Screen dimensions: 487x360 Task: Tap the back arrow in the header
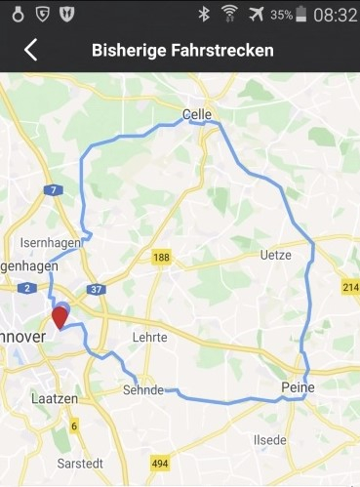(x=30, y=50)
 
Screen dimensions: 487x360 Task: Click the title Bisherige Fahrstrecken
(x=182, y=50)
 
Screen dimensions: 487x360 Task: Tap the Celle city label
(x=197, y=115)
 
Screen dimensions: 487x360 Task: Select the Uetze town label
(x=276, y=255)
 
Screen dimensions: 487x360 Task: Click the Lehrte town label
(x=149, y=337)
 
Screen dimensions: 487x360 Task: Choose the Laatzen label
(x=49, y=398)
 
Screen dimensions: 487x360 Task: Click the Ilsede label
(x=269, y=440)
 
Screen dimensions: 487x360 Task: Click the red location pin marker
(x=60, y=316)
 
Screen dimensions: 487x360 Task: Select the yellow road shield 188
(x=162, y=258)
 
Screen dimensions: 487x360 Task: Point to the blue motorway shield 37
(x=96, y=289)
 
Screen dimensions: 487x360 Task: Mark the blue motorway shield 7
(x=55, y=189)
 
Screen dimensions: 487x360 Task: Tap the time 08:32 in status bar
(x=337, y=15)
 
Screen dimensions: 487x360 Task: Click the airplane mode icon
(x=257, y=15)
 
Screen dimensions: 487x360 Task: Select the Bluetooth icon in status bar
(x=204, y=15)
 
